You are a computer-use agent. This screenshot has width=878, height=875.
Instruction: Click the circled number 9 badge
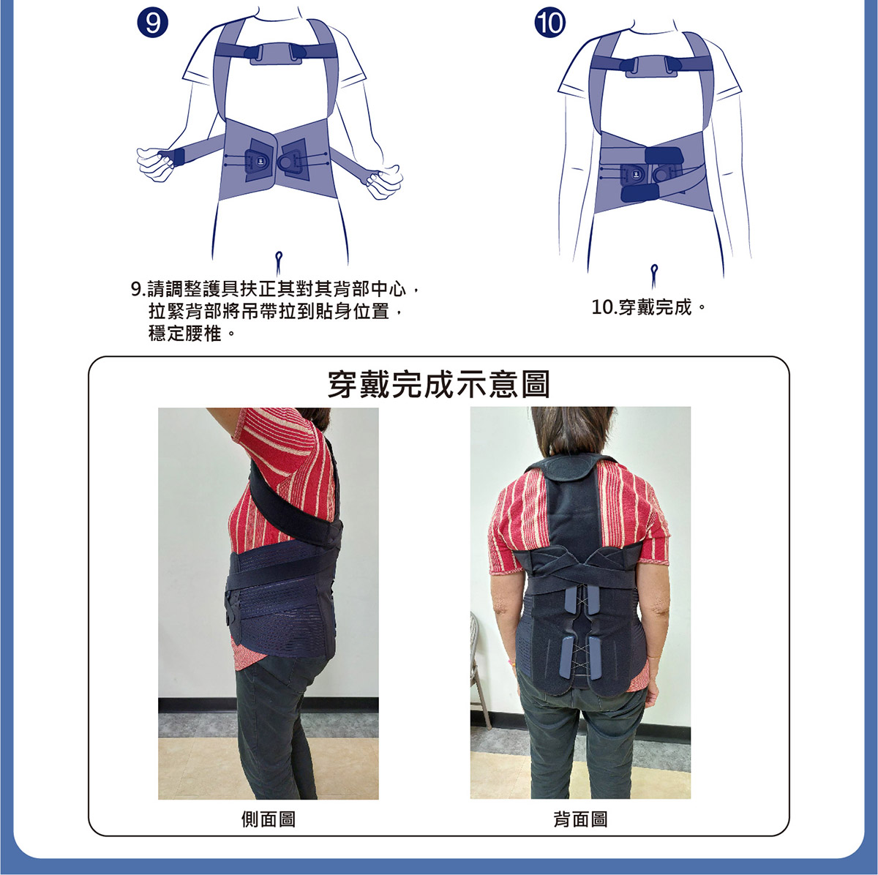152,23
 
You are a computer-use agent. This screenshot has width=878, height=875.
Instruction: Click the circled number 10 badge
549,23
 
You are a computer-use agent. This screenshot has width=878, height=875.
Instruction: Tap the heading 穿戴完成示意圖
438,384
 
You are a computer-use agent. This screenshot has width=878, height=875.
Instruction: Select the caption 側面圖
269,819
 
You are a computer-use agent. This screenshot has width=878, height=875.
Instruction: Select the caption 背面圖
580,819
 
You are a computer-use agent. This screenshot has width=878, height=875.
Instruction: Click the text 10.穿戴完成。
649,307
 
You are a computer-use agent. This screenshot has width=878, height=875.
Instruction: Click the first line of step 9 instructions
274,289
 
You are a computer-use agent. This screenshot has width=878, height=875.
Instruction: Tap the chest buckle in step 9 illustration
277,53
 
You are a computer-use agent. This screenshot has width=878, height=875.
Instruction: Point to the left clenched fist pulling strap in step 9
156,162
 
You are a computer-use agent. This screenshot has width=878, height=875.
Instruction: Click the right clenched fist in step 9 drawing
384,182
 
